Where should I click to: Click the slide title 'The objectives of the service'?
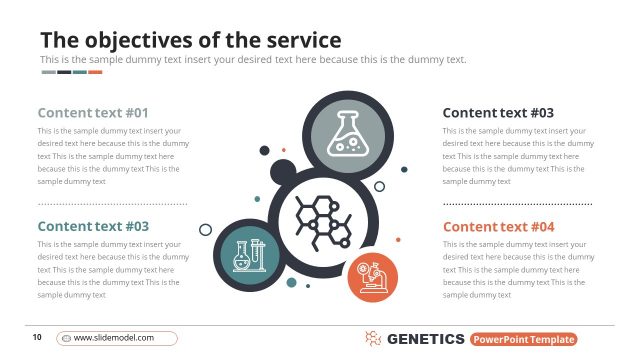point(190,40)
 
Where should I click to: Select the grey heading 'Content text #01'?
point(92,113)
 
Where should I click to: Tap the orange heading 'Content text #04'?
point(498,227)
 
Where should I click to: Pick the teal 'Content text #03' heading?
point(92,227)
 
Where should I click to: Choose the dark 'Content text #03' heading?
point(498,113)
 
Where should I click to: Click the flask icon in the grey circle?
point(343,134)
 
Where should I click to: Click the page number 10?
point(37,338)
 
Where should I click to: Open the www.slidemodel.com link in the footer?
point(116,338)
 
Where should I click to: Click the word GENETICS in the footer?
point(425,339)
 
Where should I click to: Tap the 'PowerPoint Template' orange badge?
point(524,339)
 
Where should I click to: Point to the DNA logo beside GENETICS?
point(373,339)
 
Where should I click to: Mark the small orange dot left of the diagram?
point(257,198)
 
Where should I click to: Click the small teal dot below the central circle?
point(292,283)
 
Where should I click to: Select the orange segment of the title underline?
point(95,72)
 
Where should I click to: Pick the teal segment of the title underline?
point(80,72)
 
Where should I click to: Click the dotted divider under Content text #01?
point(112,204)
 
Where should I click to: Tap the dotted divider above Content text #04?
point(517,204)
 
